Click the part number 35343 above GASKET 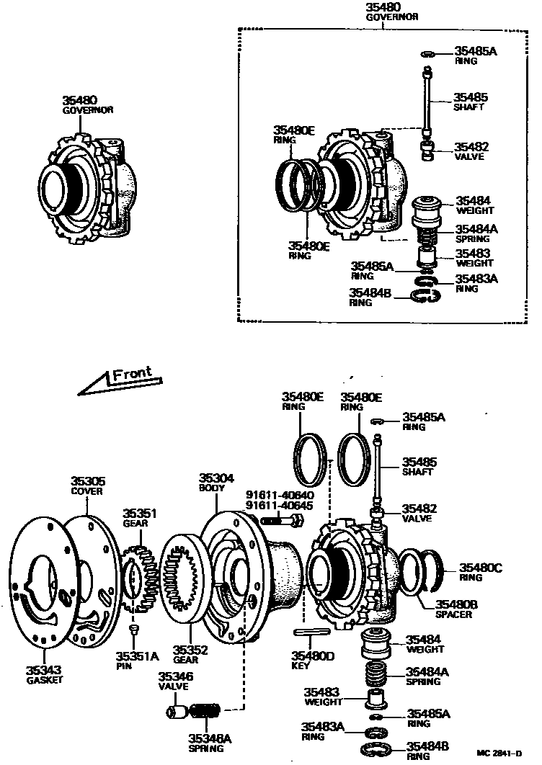point(45,669)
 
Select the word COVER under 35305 point(86,491)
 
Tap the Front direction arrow point(119,382)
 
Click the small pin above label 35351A point(133,630)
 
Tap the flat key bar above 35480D point(312,632)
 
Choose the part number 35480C point(481,568)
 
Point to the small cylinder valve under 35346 point(175,712)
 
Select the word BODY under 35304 point(212,488)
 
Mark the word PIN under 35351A point(125,666)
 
